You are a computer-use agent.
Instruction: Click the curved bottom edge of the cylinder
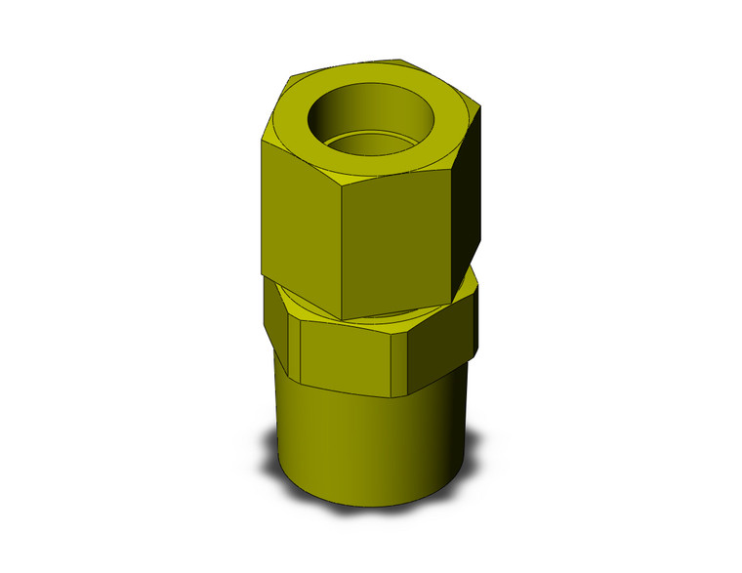click(x=371, y=506)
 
